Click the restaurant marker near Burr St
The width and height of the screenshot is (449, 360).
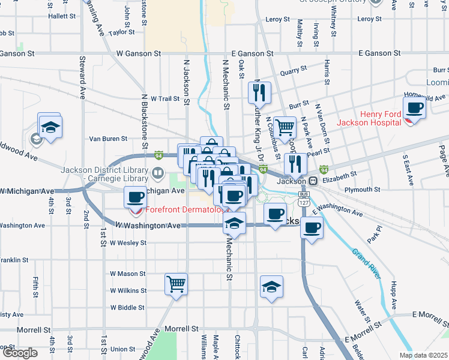[x=260, y=92]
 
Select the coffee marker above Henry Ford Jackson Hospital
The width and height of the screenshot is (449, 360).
[x=414, y=108]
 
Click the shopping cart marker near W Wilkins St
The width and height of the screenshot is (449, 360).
[x=176, y=283]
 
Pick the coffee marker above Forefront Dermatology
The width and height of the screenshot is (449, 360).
[x=135, y=196]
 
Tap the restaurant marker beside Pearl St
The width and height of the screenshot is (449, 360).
[x=295, y=163]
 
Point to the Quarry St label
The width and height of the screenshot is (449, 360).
[x=294, y=71]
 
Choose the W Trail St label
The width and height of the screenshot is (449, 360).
[x=165, y=98]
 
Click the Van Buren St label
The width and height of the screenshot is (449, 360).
[x=108, y=139]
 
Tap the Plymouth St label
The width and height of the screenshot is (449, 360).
[x=363, y=190]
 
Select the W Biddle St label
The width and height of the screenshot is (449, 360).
[x=128, y=307]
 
